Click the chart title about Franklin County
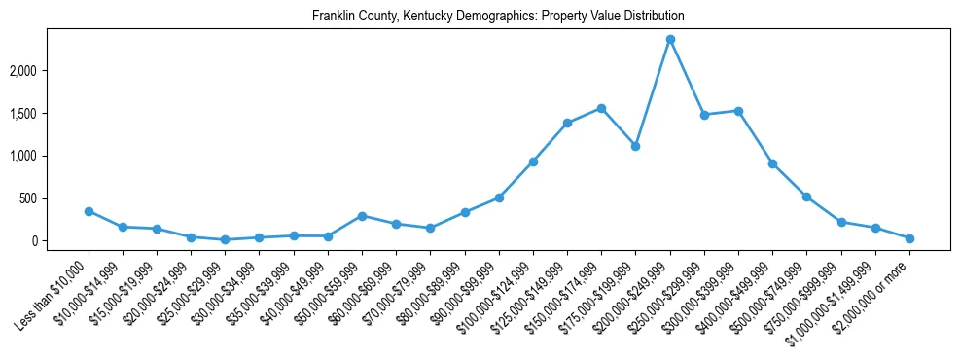498,17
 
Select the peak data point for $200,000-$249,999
670,40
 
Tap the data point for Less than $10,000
89,211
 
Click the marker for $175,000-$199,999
635,146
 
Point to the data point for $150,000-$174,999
601,108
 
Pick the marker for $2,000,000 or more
909,238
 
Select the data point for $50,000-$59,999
362,216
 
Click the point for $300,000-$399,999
738,111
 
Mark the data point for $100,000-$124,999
533,162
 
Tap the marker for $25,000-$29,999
226,239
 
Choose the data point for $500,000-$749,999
806,197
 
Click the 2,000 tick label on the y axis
51,71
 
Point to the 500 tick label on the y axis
56,198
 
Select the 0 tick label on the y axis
62,241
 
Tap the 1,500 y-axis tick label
51,114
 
